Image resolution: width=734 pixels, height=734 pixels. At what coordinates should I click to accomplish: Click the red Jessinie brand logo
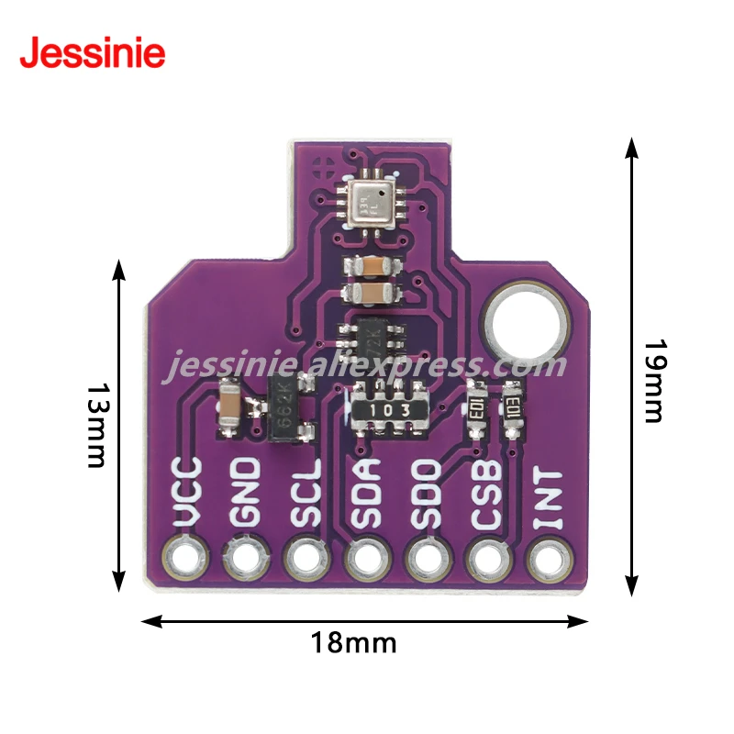[x=93, y=52]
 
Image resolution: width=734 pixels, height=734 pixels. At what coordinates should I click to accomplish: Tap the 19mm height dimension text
[x=652, y=381]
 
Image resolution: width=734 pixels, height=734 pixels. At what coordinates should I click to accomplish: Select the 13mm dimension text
[x=96, y=425]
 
